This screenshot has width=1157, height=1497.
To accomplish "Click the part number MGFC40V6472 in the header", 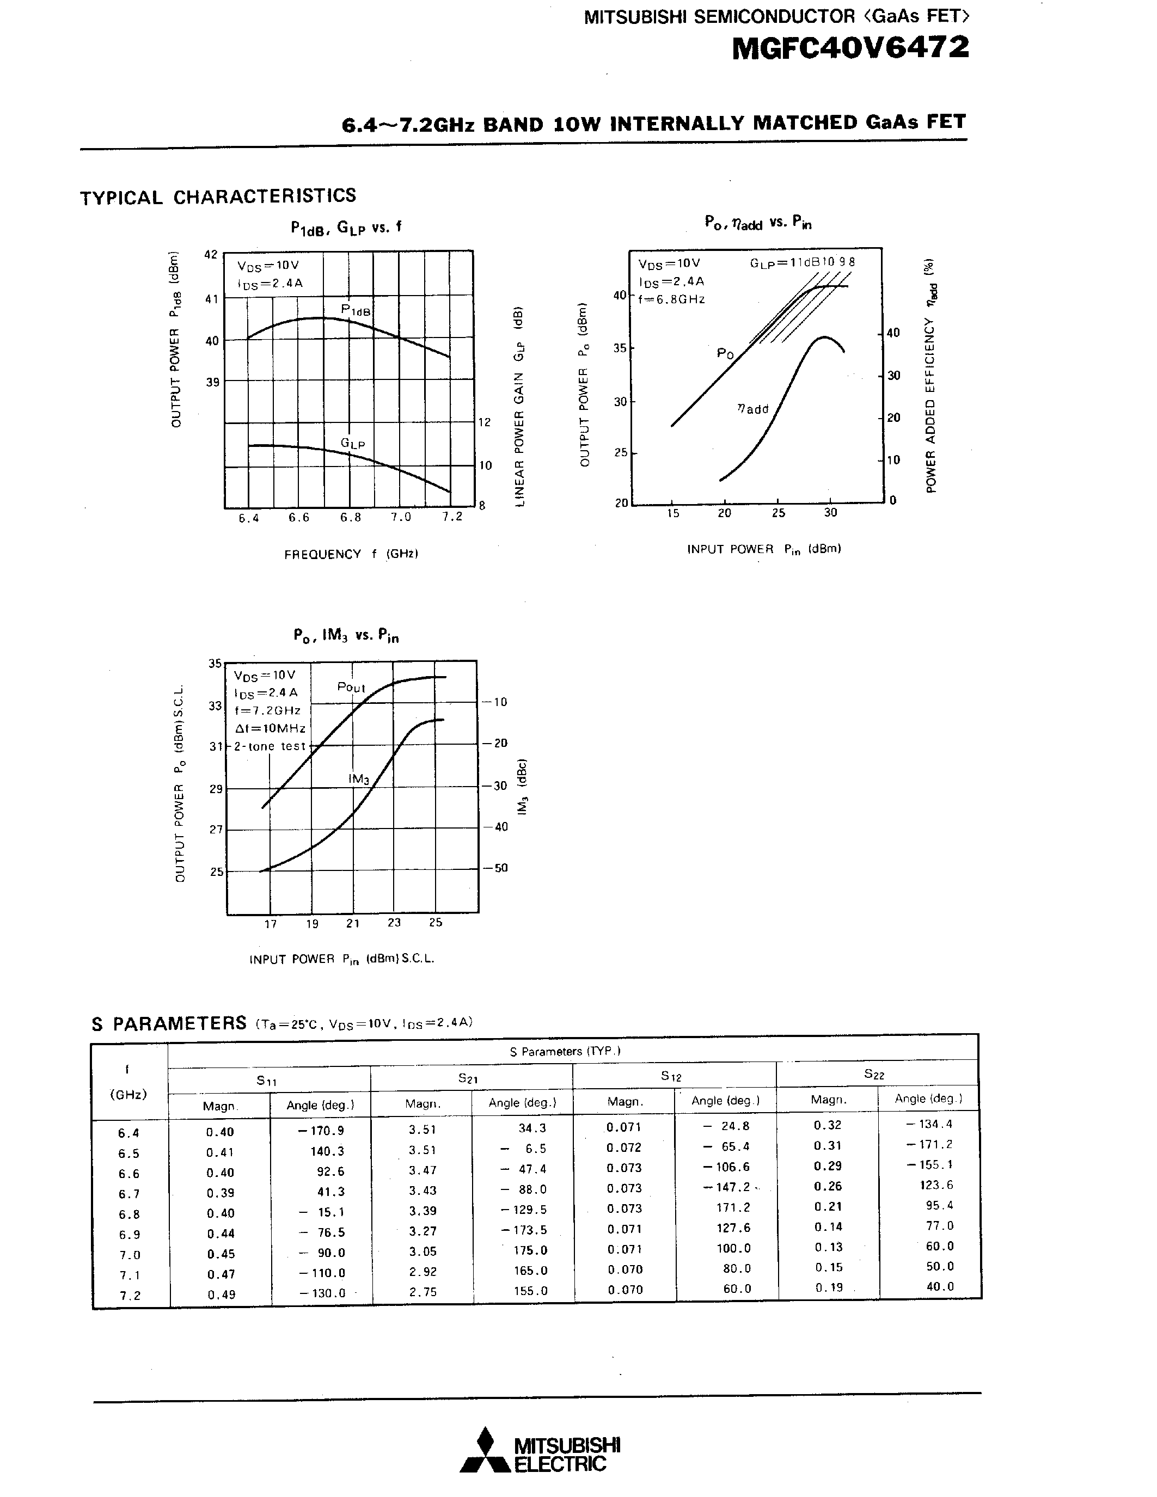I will click(x=850, y=48).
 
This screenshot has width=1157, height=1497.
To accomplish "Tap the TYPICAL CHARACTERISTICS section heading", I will click(x=218, y=197).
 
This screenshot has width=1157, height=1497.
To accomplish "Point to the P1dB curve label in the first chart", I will click(x=356, y=310).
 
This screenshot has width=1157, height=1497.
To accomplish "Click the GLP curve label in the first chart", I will click(x=352, y=444).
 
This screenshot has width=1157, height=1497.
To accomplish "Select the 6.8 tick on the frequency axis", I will click(x=350, y=518).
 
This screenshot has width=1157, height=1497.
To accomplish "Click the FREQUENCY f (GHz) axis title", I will click(x=351, y=554).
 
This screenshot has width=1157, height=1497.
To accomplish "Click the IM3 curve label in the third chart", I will click(x=358, y=780).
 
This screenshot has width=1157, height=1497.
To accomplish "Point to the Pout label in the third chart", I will click(x=351, y=687).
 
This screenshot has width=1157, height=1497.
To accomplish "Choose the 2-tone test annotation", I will click(x=270, y=746).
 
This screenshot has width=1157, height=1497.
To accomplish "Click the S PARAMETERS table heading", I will click(x=169, y=1023).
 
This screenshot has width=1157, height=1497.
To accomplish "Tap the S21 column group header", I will click(x=468, y=1079).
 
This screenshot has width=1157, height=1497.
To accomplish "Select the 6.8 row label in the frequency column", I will click(x=129, y=1214).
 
